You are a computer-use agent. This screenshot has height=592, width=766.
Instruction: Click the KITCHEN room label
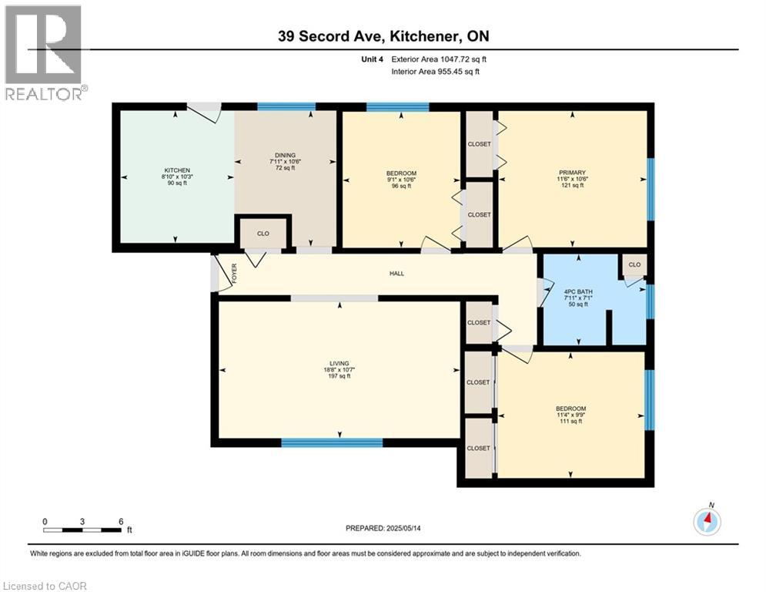point(177,170)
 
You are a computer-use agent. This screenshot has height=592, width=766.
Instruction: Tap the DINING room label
point(285,155)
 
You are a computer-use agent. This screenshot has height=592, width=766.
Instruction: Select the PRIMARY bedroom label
point(572,173)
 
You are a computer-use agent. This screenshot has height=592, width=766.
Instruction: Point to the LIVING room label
point(339,364)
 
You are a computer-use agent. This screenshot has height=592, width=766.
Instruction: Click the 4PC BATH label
point(578,291)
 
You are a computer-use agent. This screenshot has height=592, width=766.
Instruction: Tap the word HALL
point(396,274)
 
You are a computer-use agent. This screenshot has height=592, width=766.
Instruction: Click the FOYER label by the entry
point(234,274)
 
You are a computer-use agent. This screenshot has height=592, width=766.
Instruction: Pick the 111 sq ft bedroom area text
point(570,421)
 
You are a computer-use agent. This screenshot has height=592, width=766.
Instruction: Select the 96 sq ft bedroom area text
point(401,186)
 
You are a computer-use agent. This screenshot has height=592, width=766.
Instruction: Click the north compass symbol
point(707,521)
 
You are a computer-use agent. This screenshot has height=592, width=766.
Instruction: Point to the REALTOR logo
point(45,52)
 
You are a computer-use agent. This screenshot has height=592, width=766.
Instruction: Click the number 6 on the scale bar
point(121,522)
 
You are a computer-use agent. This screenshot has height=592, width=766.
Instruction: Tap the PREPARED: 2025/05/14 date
point(383,528)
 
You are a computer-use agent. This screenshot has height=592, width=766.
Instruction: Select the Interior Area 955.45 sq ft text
point(435,72)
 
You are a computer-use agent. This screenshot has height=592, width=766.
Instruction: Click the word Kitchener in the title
point(424,36)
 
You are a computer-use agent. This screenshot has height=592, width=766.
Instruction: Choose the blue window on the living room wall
point(332,442)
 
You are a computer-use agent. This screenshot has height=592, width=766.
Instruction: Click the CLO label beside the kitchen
point(263,234)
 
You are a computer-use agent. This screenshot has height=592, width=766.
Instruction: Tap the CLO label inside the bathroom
point(634,264)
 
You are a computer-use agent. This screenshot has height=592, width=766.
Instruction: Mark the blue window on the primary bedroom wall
point(651,190)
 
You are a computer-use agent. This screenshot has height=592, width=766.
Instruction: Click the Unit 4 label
point(373,59)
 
